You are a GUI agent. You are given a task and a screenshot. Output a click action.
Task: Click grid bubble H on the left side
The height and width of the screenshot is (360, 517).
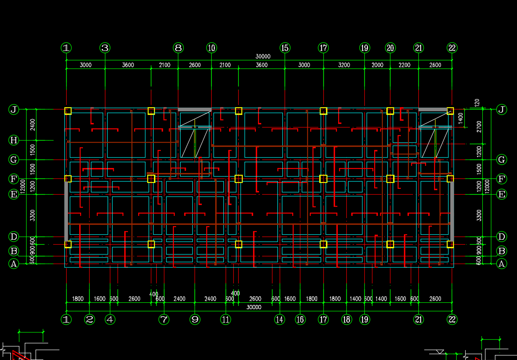(x=14, y=140)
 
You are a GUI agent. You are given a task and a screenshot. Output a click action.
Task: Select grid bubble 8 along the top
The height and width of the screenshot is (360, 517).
(x=178, y=48)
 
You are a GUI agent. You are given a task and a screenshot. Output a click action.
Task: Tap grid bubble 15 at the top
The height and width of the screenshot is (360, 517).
(x=285, y=48)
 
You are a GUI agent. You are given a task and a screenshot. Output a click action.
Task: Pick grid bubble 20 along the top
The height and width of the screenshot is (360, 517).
(x=390, y=48)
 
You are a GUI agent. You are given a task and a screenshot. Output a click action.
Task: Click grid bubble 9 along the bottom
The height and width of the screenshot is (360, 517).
(x=195, y=319)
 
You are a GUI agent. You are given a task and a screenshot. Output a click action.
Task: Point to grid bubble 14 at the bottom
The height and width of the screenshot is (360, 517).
(x=280, y=319)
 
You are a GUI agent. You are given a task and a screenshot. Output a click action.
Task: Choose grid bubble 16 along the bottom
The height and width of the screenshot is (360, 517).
(x=300, y=319)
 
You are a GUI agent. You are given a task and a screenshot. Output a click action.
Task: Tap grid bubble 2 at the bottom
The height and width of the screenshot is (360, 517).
(x=90, y=319)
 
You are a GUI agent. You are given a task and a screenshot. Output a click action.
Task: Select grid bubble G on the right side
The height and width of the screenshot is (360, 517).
(x=501, y=159)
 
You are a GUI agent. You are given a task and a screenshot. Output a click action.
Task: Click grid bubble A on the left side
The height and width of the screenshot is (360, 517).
(x=14, y=264)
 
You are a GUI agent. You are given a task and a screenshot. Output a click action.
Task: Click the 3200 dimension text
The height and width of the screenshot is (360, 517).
(x=344, y=65)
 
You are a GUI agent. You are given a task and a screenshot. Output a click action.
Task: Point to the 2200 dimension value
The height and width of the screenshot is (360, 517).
(x=404, y=65)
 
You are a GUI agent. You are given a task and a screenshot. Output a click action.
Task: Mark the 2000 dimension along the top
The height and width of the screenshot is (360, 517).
(x=377, y=65)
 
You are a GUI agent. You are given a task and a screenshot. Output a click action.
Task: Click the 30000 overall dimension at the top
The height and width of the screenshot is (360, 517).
(x=263, y=57)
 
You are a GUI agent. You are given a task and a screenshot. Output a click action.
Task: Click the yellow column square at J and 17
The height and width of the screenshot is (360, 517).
(x=323, y=111)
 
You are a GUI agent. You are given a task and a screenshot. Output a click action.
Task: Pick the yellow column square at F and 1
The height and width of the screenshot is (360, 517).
(x=68, y=179)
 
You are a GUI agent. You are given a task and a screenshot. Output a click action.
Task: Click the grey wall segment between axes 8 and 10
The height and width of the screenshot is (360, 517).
(x=195, y=109)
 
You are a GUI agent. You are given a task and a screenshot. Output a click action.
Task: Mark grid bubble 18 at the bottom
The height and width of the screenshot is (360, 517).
(x=346, y=319)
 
